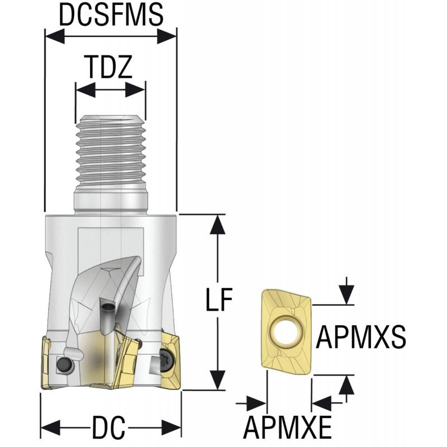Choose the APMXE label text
pyautogui.click(x=287, y=429)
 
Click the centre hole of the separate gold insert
pyautogui.click(x=283, y=332)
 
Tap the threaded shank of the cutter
pyautogui.click(x=110, y=151)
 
